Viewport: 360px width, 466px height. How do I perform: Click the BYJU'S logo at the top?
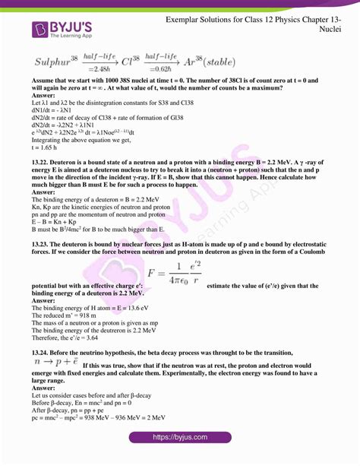click(63, 28)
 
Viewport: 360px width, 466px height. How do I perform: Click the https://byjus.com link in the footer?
click(179, 437)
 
